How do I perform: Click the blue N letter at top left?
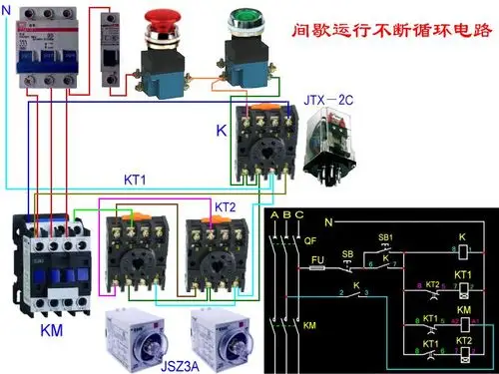pos(7,11)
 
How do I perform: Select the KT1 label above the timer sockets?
pos(134,181)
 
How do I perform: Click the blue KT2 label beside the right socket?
pos(226,205)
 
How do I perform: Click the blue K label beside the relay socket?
pos(222,131)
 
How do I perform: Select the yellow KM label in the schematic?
pos(309,327)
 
